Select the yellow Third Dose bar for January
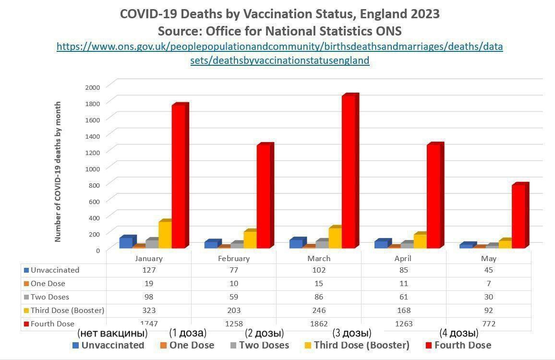point(165,235)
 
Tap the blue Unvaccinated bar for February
point(211,244)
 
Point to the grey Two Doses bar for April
point(407,245)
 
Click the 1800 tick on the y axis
point(93,103)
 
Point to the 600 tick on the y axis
point(95,201)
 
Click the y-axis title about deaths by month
point(58,171)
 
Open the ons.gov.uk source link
point(279,53)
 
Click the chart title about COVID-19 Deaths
point(279,14)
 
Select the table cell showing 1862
point(319,324)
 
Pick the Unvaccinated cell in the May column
point(489,270)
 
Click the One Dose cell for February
point(234,283)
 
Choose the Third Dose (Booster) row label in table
point(67,310)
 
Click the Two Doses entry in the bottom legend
point(264,345)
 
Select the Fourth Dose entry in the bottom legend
point(462,345)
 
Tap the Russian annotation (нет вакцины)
point(112,333)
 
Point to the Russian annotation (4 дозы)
point(458,333)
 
